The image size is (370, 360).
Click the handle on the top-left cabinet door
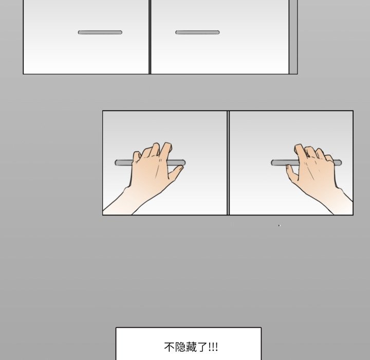tap(100, 32)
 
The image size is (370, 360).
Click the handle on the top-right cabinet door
tap(197, 32)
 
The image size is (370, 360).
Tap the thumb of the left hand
tap(176, 172)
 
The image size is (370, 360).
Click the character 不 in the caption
tap(169, 347)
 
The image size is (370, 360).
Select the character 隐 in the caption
tap(180, 347)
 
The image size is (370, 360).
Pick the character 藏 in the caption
tap(191, 347)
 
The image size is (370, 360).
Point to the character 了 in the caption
tap(201, 347)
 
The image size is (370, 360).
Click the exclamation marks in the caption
tap(213, 347)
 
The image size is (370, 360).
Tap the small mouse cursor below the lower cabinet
tap(279, 226)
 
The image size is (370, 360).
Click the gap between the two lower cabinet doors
tap(228, 163)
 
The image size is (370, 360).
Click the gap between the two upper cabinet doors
tap(150, 37)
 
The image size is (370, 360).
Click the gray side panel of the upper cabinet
tap(293, 37)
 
